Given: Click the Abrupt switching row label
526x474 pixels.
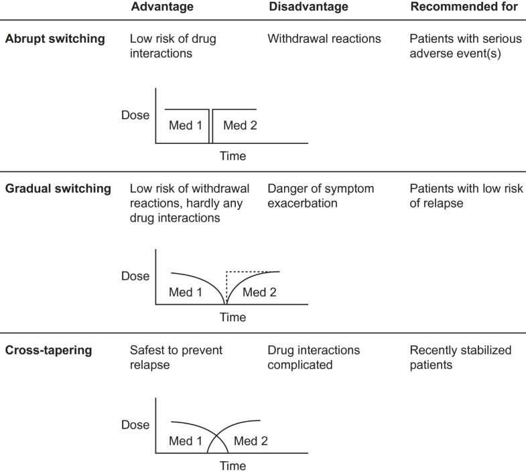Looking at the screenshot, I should coord(56,39).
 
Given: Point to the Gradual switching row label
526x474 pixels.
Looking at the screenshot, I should coord(58,189).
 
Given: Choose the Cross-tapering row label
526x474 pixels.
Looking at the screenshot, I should coord(48,350).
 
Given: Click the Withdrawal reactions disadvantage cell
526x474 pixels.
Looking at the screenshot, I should coord(324,39).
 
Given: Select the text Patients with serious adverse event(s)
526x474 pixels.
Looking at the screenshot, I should coord(462,46).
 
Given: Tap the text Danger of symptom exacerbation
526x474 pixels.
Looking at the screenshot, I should coord(320,195).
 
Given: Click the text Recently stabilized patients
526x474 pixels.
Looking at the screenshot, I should coord(460,357).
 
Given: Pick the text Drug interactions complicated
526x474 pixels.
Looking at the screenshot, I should coord(314,357).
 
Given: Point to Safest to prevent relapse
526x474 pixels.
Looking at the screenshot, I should coord(176,357).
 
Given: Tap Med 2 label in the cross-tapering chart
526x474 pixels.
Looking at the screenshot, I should coord(249,441).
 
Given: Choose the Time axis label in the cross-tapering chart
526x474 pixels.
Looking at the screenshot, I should coord(233,466).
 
